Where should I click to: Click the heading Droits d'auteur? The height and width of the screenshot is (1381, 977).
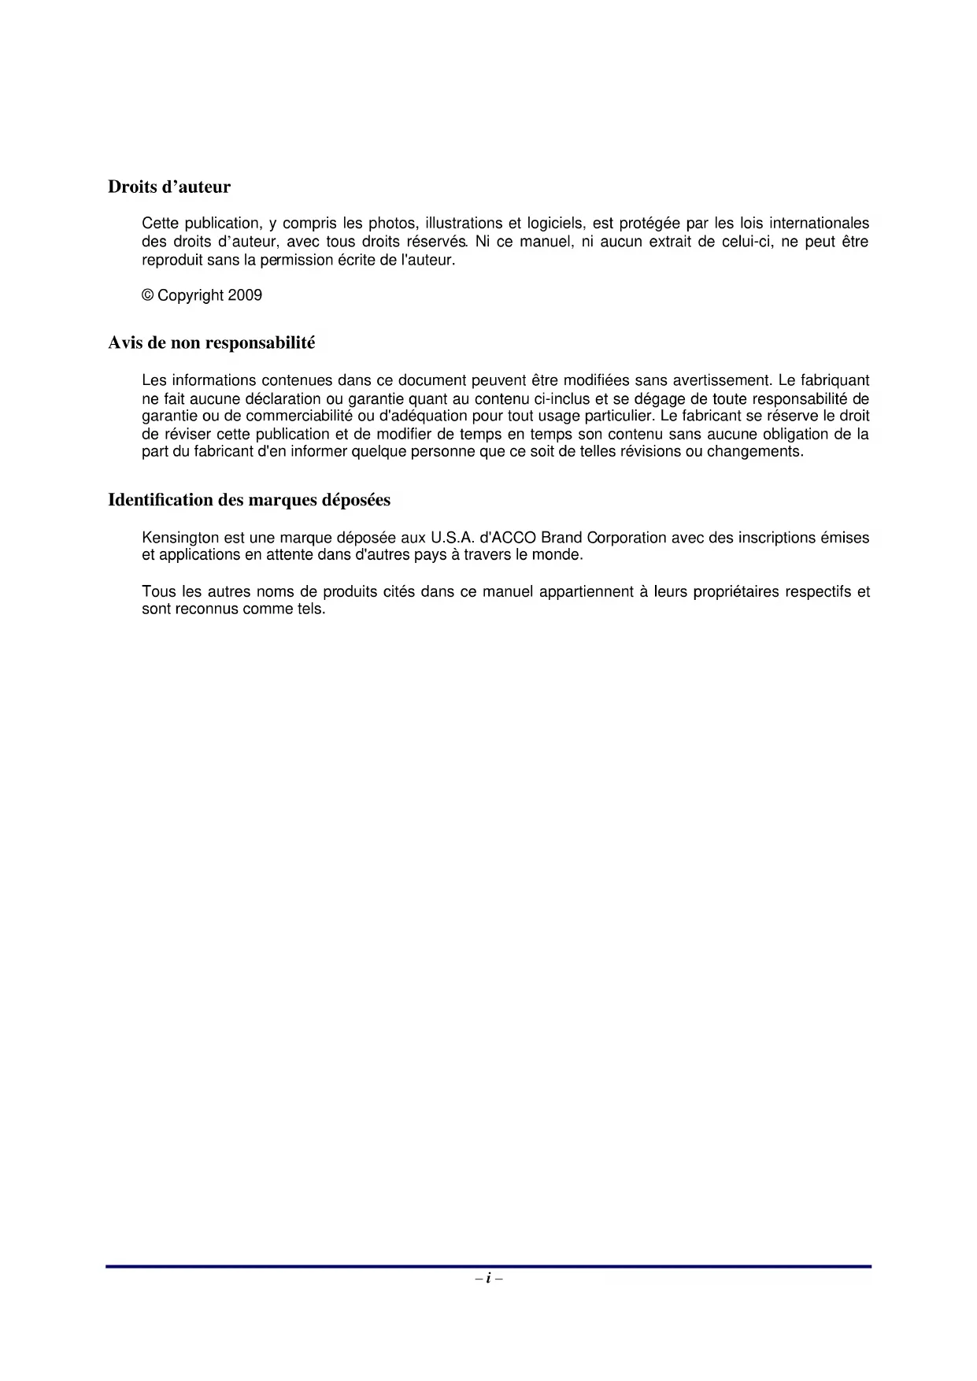(x=169, y=187)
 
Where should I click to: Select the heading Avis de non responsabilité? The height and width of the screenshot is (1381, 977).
(x=211, y=343)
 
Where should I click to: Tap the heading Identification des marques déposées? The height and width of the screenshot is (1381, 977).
(x=249, y=500)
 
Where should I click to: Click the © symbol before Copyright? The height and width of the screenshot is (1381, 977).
(x=148, y=296)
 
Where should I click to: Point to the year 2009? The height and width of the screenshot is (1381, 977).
(x=245, y=296)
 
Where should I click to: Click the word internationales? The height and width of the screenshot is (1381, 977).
(x=819, y=224)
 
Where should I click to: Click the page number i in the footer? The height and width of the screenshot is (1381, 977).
(x=488, y=1279)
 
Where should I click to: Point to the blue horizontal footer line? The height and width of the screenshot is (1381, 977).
(x=488, y=1266)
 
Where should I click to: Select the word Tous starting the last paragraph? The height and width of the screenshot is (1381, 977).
(x=157, y=592)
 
